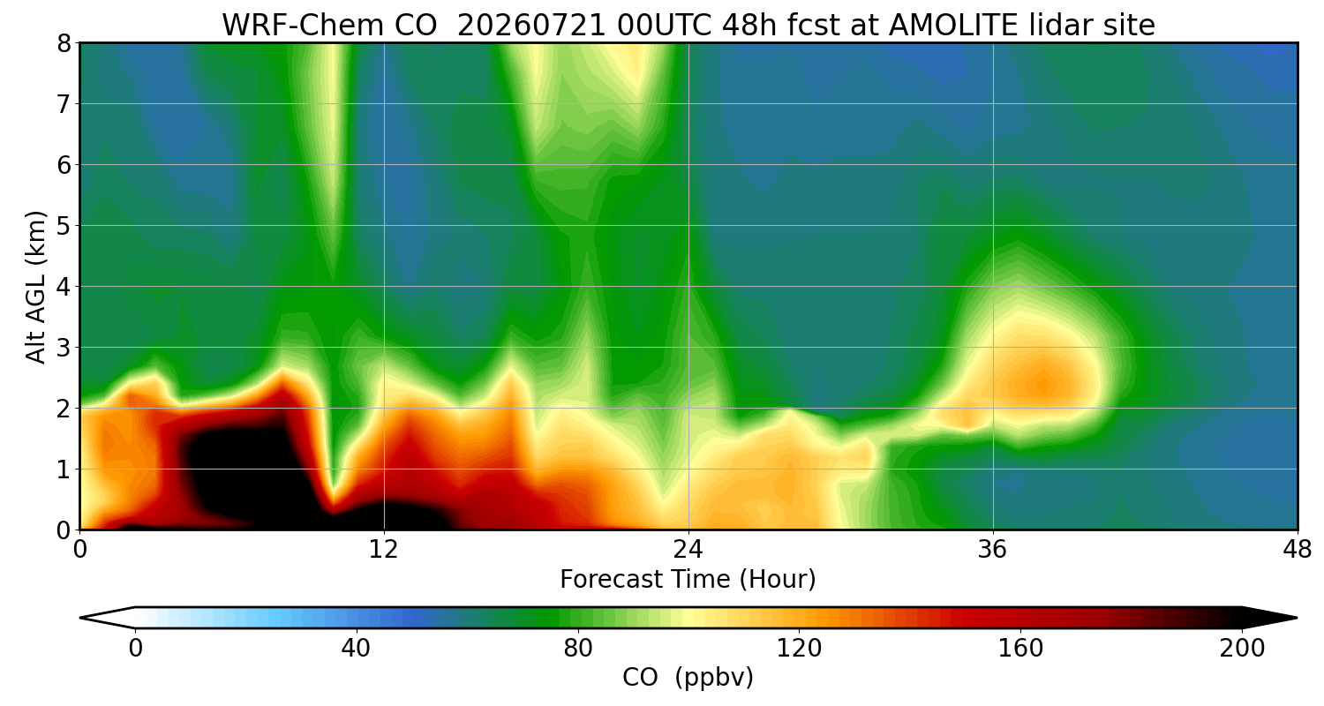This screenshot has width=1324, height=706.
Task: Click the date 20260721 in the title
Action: pyautogui.click(x=531, y=26)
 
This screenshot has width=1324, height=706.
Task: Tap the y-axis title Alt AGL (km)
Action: pyautogui.click(x=36, y=287)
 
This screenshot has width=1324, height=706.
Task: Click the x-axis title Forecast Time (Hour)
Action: pyautogui.click(x=688, y=580)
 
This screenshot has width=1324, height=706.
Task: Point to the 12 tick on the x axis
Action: pyautogui.click(x=384, y=550)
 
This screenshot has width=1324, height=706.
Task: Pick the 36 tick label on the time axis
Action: pyautogui.click(x=992, y=550)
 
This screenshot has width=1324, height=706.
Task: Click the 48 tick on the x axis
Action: pyautogui.click(x=1298, y=550)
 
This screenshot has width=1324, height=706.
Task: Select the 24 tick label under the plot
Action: pyautogui.click(x=688, y=550)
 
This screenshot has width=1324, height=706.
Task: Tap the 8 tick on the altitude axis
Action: pyautogui.click(x=64, y=44)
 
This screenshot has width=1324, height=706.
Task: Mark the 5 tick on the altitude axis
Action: pyautogui.click(x=64, y=226)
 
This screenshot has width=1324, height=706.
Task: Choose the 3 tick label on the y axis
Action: pyautogui.click(x=64, y=348)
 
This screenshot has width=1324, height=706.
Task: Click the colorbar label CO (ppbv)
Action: pyautogui.click(x=688, y=678)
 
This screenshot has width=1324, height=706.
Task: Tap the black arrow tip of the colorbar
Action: pyautogui.click(x=1297, y=618)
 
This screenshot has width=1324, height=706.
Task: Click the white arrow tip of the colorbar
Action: pyautogui.click(x=81, y=618)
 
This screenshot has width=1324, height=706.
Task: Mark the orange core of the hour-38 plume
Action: pyautogui.click(x=1043, y=385)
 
